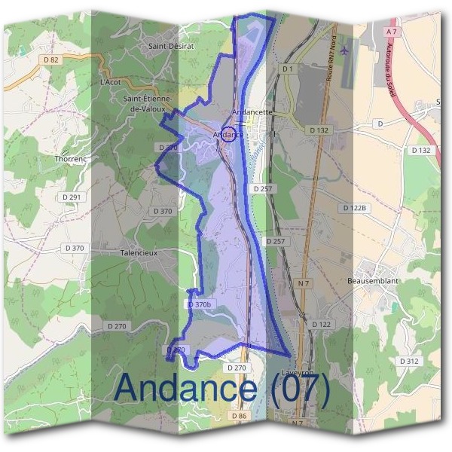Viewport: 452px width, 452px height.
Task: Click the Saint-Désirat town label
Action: [x=172, y=46]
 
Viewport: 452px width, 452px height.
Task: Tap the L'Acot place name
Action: [x=110, y=81]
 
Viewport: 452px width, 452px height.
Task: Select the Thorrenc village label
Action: [x=72, y=159]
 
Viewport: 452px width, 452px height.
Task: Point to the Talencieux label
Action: [x=139, y=253]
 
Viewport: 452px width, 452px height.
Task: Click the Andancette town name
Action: [x=252, y=112]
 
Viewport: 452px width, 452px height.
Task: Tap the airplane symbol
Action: [x=345, y=50]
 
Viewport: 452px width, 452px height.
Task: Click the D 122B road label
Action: [x=353, y=207]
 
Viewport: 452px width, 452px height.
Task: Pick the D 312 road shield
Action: [x=409, y=361]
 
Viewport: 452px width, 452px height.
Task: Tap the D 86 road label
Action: [x=239, y=416]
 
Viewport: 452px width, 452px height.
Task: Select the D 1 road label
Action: [x=286, y=69]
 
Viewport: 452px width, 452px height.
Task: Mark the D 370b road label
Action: [x=200, y=304]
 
